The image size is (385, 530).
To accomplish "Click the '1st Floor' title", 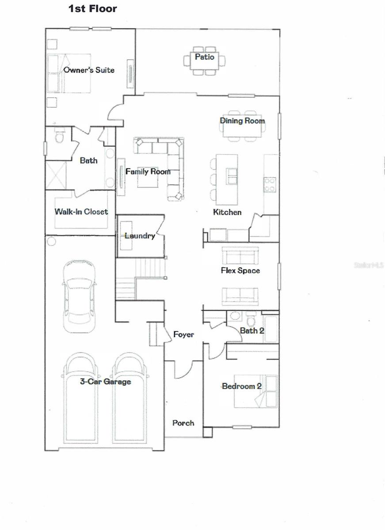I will tap(92, 8).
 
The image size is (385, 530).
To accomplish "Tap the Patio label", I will tap(204, 57).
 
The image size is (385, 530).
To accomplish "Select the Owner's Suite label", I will tap(89, 70).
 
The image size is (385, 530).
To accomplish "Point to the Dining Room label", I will tap(242, 121).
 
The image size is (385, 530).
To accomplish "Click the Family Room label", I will tap(148, 171).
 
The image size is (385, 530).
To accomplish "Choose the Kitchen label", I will tap(227, 212).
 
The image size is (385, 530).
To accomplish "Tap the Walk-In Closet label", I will tap(81, 212).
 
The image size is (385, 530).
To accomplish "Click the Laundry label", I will tap(140, 236).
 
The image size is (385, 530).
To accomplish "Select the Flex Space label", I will tap(240, 270).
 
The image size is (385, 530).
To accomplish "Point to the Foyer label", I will tap(183, 335).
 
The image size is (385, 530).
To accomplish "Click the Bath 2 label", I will tap(252, 330).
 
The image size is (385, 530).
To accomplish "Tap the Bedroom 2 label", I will tap(241, 386).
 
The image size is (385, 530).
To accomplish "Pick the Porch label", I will tap(183, 423).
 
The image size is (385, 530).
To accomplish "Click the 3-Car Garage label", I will tap(105, 382).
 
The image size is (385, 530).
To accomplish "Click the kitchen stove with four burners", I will tap(270, 184).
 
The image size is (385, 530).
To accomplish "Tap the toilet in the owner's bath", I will tap(59, 138).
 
